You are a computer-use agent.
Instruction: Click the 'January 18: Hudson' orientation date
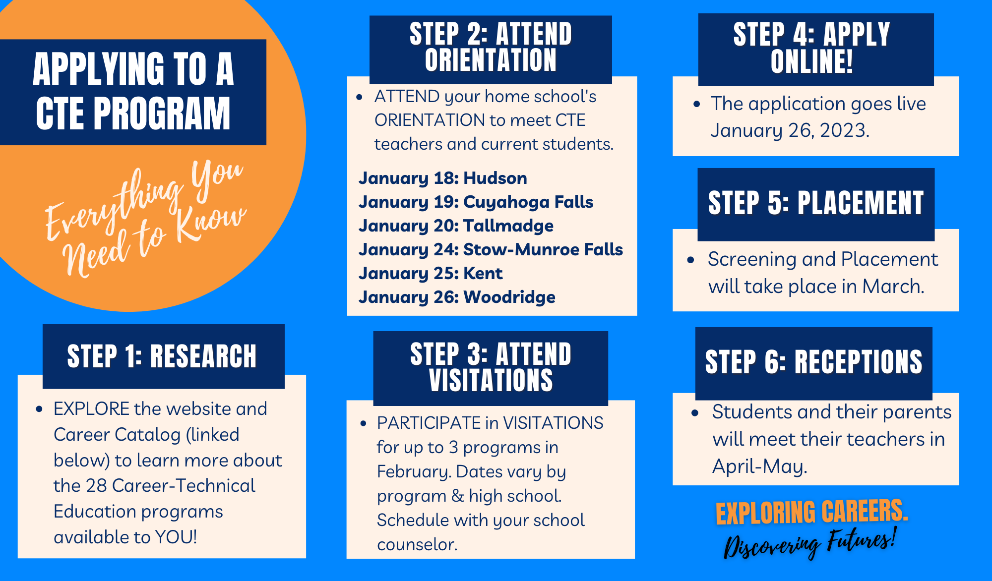442,178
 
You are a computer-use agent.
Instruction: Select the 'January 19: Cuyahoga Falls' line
476,202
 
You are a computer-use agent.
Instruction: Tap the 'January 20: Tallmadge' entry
456,226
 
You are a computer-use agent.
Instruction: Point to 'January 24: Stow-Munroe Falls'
491,249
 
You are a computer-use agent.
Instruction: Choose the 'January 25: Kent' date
430,273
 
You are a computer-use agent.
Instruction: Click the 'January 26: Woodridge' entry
457,297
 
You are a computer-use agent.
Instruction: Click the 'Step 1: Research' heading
162,356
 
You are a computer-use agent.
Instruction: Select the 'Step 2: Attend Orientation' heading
491,48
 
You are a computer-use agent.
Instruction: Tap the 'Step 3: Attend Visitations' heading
491,367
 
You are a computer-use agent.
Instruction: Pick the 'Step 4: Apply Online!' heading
812,48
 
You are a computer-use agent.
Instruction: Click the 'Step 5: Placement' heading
816,203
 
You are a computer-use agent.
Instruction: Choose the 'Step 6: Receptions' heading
813,362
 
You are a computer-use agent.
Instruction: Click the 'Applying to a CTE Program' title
133,92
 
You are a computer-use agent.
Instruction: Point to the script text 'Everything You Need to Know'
146,218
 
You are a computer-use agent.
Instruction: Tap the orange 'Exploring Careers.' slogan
811,512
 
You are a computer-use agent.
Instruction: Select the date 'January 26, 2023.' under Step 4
790,130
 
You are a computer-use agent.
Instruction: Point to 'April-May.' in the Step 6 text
759,466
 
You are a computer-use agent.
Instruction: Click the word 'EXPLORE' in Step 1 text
91,409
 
